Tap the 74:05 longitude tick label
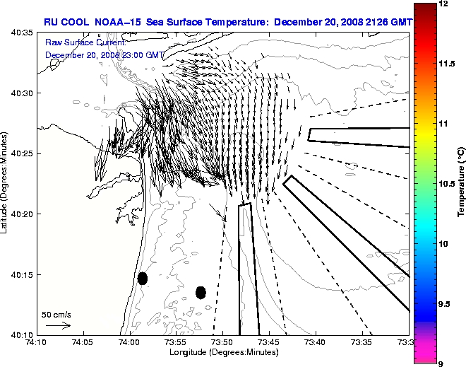click(83, 342)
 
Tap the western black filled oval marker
click(143, 278)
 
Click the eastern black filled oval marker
click(201, 292)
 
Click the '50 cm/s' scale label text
click(56, 314)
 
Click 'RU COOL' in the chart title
click(66, 21)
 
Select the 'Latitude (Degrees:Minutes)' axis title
click(6, 183)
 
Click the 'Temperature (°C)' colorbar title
click(460, 183)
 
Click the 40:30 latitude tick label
click(23, 93)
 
